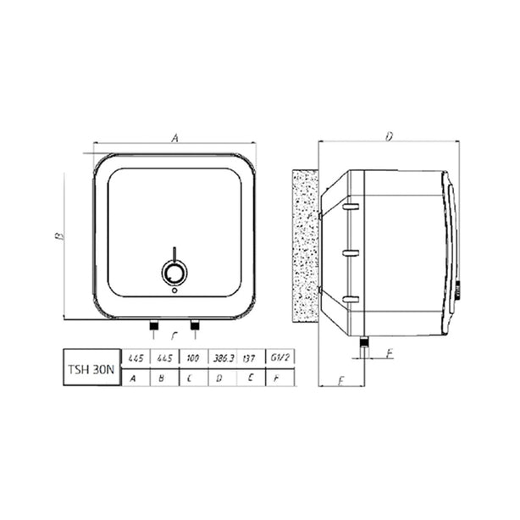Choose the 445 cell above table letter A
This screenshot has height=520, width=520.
coord(135,359)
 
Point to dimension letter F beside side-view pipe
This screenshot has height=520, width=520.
coord(388,353)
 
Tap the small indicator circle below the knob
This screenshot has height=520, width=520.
coord(174,290)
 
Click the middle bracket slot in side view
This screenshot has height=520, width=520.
coord(351,252)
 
